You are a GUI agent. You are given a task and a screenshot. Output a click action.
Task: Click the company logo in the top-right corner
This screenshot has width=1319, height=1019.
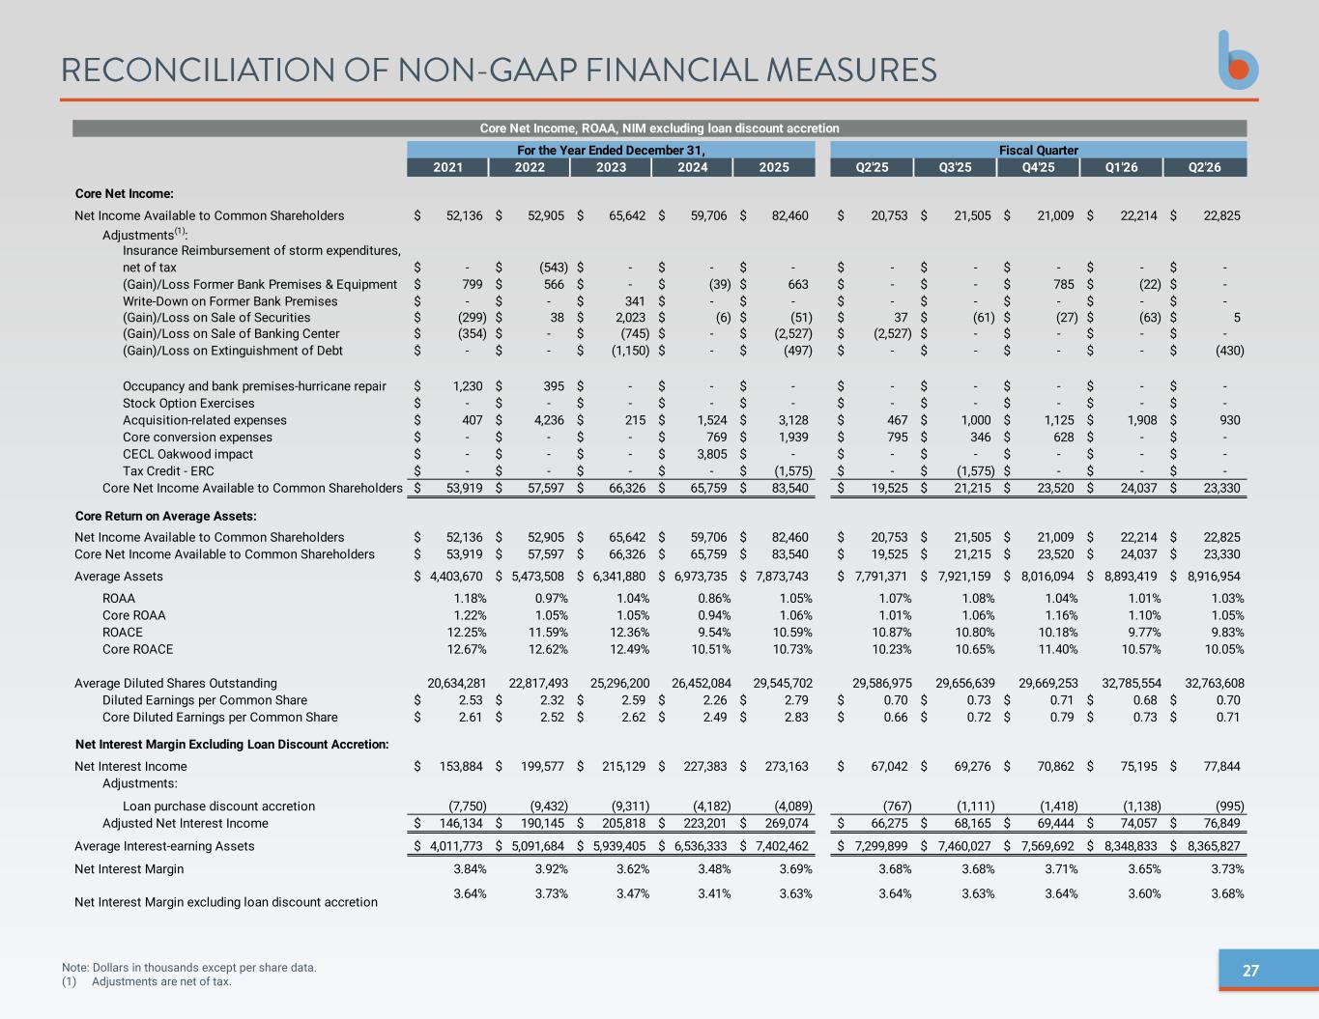pos(1238,60)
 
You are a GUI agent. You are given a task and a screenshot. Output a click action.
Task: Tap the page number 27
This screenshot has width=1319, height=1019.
pos(1249,971)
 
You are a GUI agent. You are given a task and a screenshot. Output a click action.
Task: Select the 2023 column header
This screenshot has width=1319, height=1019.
pos(611,167)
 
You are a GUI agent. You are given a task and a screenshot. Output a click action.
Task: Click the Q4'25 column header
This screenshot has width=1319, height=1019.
pos(1038,167)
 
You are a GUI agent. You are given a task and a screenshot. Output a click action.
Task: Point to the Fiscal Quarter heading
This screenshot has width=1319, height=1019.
pos(1039,150)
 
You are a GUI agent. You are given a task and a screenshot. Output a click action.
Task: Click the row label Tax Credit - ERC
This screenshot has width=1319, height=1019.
pos(168,470)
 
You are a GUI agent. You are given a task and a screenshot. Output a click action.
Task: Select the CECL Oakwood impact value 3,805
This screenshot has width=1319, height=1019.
pos(711,454)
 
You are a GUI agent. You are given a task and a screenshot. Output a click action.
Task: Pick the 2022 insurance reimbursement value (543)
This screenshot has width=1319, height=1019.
pos(554,268)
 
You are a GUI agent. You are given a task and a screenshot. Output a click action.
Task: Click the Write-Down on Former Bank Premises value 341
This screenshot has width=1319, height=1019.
pos(635,300)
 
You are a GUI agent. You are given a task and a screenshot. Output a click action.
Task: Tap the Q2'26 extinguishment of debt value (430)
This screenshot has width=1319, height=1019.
pos(1229,351)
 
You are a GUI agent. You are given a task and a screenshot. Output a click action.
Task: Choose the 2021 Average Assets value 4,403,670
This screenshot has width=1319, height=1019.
pos(456,577)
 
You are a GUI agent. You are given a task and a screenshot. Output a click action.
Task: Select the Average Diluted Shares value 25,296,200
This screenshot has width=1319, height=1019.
pos(619,683)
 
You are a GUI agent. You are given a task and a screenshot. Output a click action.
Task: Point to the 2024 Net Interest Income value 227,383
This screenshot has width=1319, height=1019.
pos(704,766)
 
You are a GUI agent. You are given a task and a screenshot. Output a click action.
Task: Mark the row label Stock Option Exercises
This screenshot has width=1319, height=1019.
pos(188,403)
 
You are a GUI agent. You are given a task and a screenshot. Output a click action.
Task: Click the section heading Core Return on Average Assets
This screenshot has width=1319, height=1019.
pos(165,516)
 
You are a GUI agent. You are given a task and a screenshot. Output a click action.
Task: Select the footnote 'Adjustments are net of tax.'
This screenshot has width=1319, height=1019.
pos(161,981)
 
